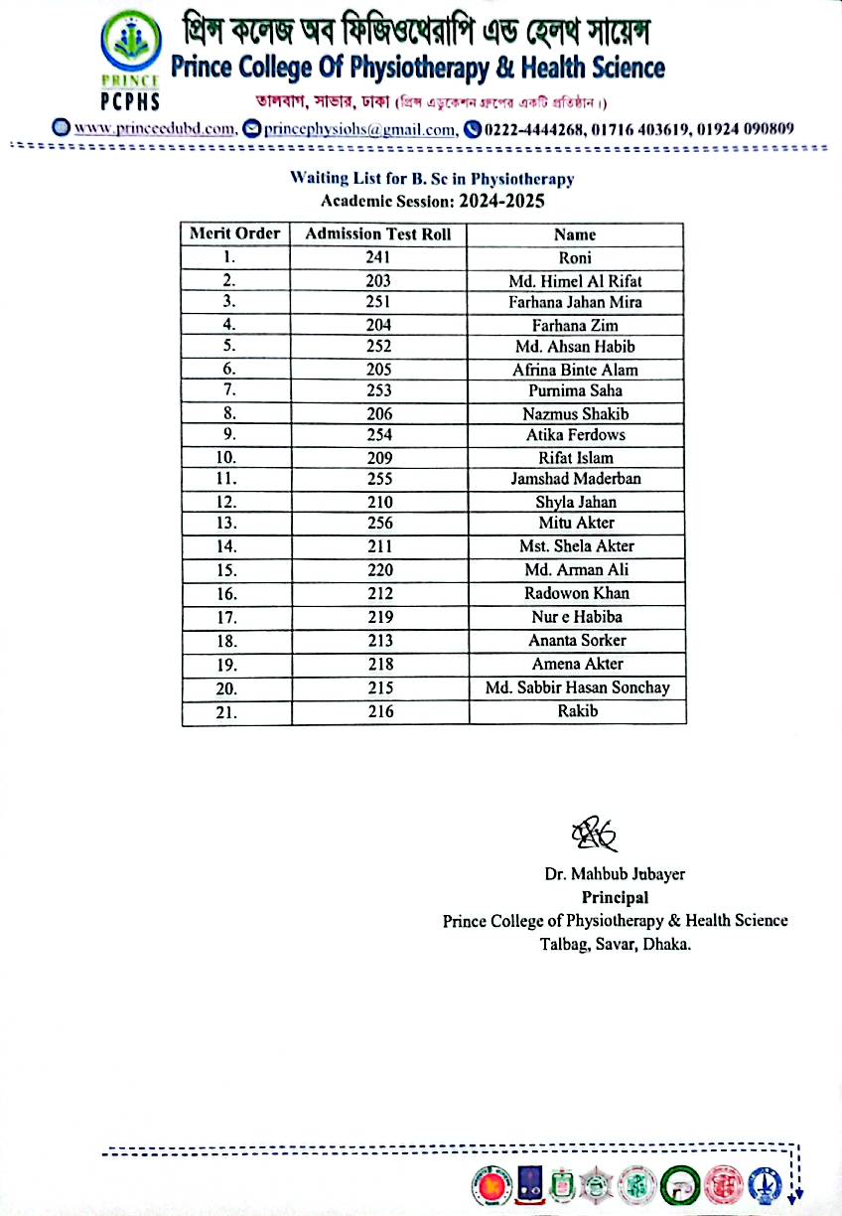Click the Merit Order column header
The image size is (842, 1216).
coord(235,234)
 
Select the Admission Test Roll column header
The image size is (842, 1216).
coord(378,234)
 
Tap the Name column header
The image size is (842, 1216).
coord(575,235)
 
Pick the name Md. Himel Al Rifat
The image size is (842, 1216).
coord(575,281)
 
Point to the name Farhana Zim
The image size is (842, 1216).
coord(575,325)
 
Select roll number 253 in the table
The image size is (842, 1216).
coord(378,390)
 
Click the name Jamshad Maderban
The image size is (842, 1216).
coord(575,479)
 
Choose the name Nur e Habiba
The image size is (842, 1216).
coord(575,617)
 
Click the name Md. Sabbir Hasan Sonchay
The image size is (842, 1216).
coord(575,687)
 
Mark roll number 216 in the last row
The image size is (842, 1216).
coord(379,711)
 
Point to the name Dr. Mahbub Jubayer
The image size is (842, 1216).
coord(615,875)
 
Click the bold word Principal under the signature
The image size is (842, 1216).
coord(615,898)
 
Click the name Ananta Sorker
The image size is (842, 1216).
coord(575,641)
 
